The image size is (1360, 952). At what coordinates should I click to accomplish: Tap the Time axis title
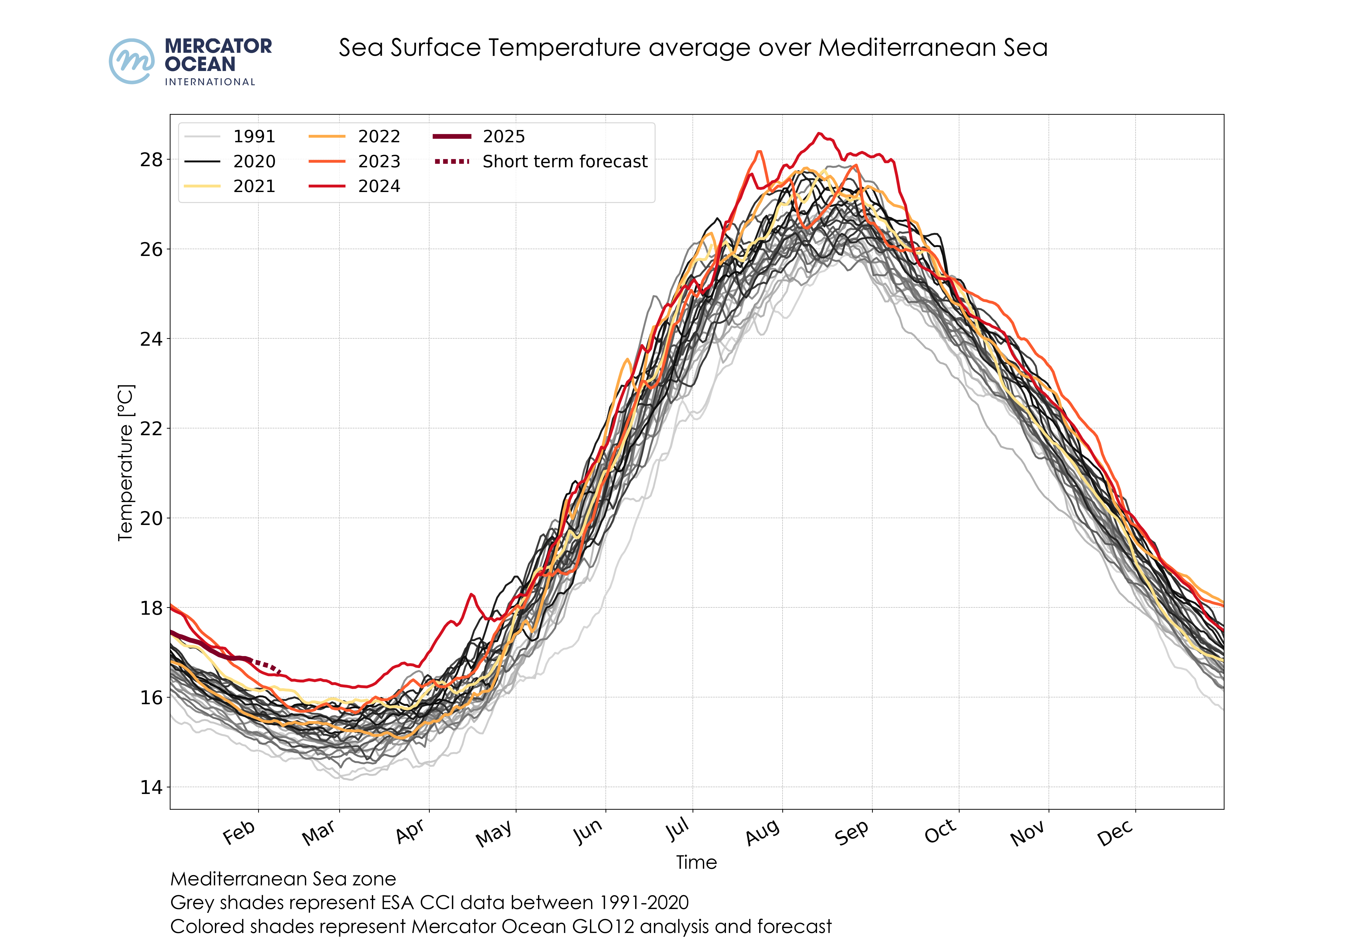(697, 863)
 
